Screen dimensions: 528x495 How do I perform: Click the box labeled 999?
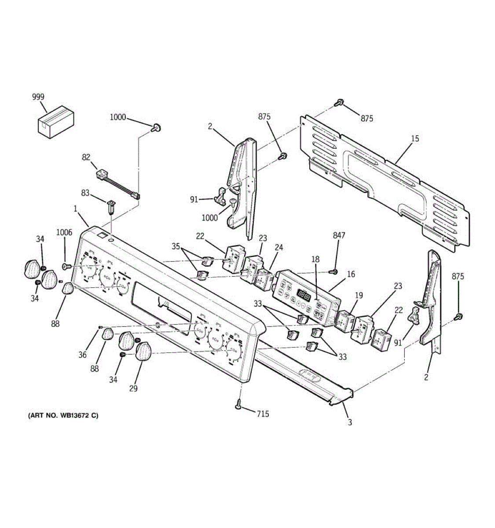pyautogui.click(x=55, y=120)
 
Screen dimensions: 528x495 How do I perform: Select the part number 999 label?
pyautogui.click(x=38, y=97)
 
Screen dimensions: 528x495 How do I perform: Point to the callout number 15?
pyautogui.click(x=415, y=139)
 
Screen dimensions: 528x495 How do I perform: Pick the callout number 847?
pyautogui.click(x=339, y=236)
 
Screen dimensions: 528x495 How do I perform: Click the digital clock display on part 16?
pyautogui.click(x=303, y=293)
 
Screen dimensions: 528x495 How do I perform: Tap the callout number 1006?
pyautogui.click(x=64, y=233)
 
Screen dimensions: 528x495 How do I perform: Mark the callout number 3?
pyautogui.click(x=350, y=423)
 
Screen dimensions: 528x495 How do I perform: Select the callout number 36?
pyautogui.click(x=83, y=355)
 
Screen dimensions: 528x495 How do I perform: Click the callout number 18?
pyautogui.click(x=316, y=259)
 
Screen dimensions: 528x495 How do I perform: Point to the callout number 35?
pyautogui.click(x=176, y=246)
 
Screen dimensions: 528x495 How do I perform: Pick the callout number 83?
pyautogui.click(x=85, y=193)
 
